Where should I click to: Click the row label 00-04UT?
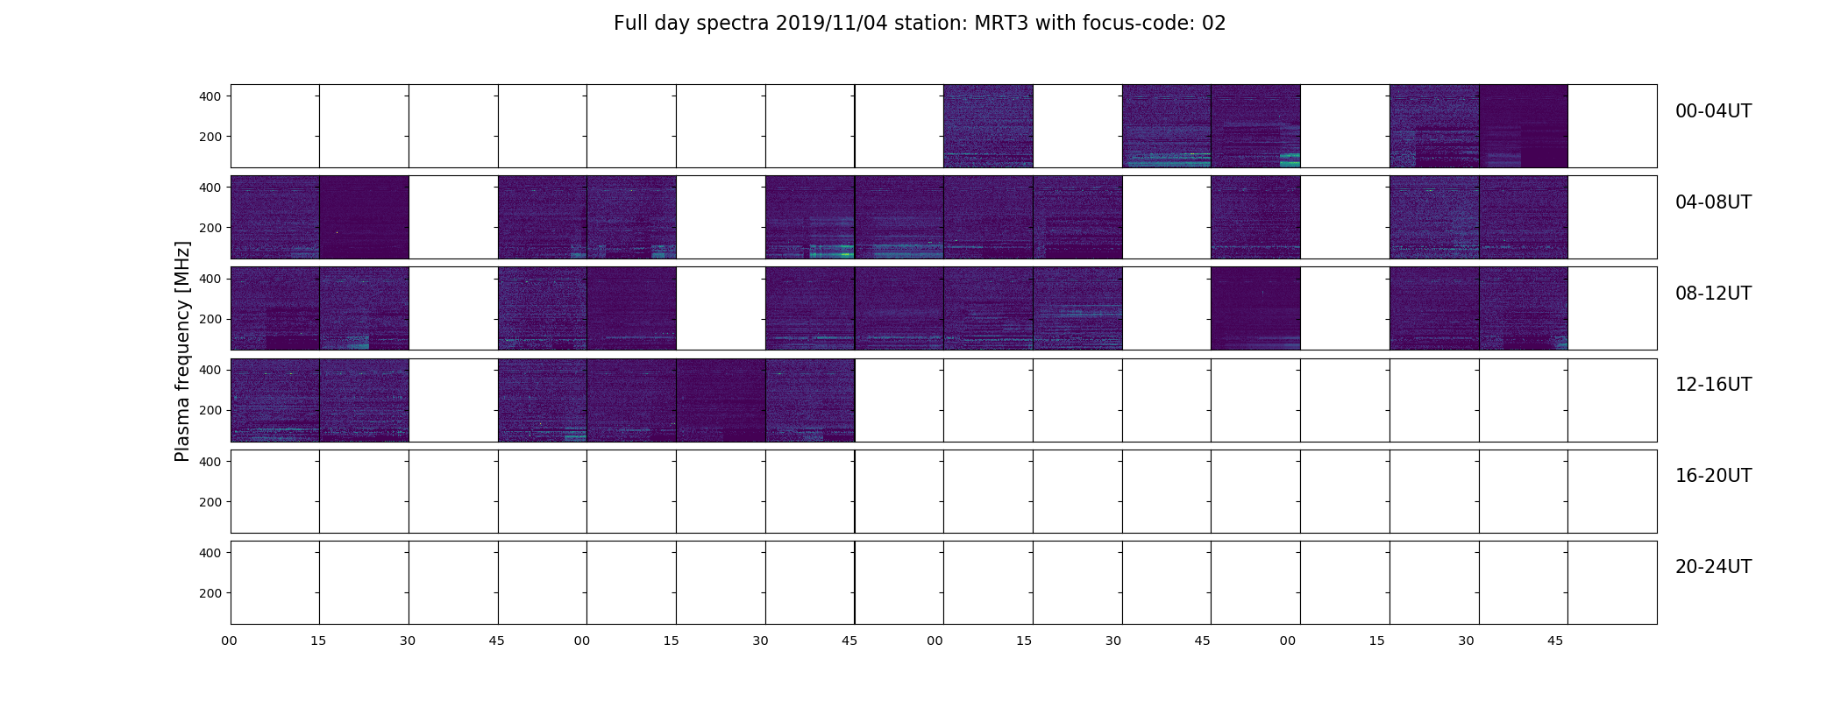coord(1713,111)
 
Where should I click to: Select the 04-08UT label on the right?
coord(1713,202)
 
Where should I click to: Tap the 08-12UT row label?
coord(1713,294)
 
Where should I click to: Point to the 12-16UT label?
coord(1713,385)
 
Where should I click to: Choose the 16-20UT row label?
coord(1713,476)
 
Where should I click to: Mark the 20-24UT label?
coord(1713,567)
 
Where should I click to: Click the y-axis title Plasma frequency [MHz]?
coord(182,351)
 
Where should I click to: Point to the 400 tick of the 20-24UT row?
coord(210,553)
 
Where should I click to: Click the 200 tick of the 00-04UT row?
coord(210,137)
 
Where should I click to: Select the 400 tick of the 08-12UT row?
coord(210,279)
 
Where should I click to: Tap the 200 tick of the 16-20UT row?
coord(210,502)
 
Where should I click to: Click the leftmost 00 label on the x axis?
coord(229,641)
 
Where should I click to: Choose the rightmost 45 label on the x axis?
coord(1555,641)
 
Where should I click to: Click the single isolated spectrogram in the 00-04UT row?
coord(988,126)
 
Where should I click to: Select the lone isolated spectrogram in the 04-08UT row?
coord(1255,217)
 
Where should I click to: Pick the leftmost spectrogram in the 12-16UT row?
coord(275,400)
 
